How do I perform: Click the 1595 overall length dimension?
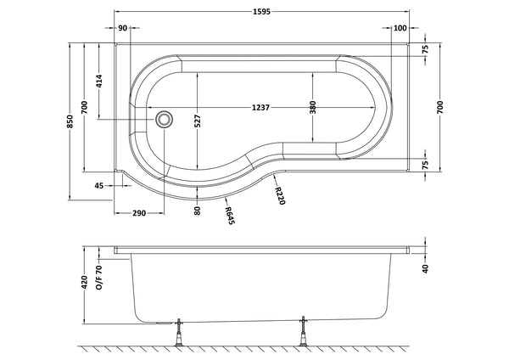click(x=262, y=12)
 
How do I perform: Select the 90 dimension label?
click(x=123, y=29)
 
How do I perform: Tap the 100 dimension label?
click(x=400, y=29)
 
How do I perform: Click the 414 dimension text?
click(x=99, y=82)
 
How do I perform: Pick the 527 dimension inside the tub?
click(x=198, y=121)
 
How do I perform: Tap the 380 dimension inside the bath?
click(x=313, y=107)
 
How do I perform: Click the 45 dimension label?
click(x=100, y=185)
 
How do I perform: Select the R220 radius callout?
click(x=277, y=196)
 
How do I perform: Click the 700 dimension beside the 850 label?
click(x=85, y=108)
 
